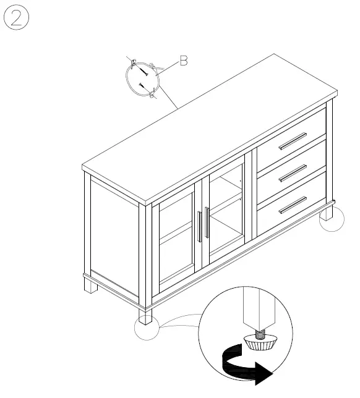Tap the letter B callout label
click(183, 61)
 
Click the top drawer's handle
click(293, 141)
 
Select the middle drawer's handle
click(293, 174)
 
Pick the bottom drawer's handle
click(293, 205)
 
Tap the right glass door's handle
click(207, 222)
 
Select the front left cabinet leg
click(145, 316)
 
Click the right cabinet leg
click(326, 213)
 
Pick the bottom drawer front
click(291, 207)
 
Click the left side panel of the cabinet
click(115, 238)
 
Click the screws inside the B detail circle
click(141, 78)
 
